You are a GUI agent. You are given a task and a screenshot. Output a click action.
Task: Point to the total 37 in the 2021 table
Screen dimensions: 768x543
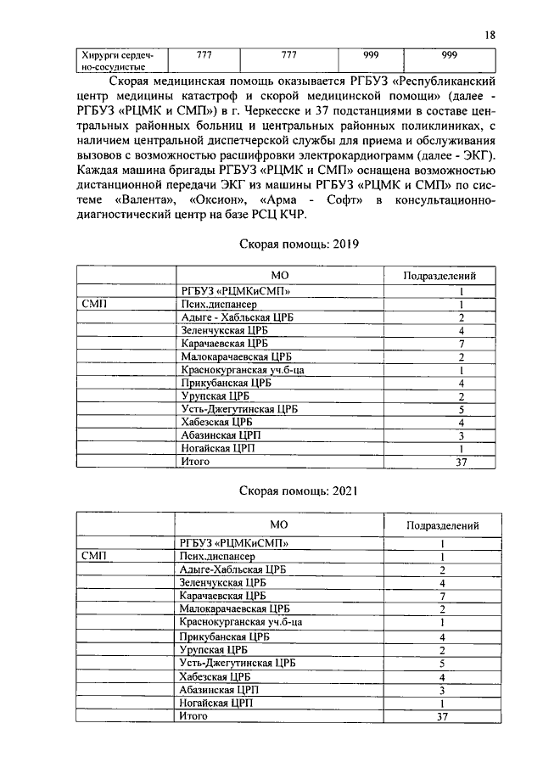click(440, 716)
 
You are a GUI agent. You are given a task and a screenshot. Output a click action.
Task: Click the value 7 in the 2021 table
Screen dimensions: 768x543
click(442, 597)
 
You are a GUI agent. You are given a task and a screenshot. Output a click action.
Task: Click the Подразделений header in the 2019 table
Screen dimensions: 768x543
click(441, 275)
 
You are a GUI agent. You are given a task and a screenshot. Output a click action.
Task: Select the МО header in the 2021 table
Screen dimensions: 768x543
click(279, 524)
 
